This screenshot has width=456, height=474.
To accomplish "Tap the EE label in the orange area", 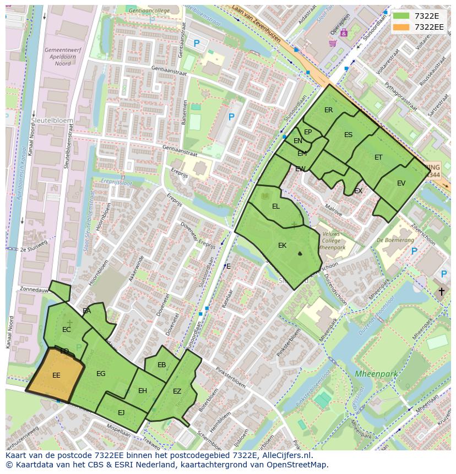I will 56,375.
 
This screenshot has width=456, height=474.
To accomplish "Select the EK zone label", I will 282,246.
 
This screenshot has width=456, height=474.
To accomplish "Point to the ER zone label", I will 328,110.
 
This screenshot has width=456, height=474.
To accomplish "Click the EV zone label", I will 401,183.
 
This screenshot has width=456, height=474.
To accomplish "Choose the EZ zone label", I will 177,391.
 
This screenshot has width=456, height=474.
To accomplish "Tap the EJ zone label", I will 121,412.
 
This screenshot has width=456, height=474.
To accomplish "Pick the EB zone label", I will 161,365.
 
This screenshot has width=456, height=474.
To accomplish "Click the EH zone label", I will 143,391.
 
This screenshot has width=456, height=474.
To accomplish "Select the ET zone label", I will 378,157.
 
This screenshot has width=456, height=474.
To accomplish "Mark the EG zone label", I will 101,374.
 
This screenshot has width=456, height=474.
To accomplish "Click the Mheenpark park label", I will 376,374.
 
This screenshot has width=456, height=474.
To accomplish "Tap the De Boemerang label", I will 395,240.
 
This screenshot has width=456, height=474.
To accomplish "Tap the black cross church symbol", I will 441,291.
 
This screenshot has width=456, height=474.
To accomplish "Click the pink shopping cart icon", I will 332,43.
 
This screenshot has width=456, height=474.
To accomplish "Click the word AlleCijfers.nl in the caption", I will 286,456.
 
